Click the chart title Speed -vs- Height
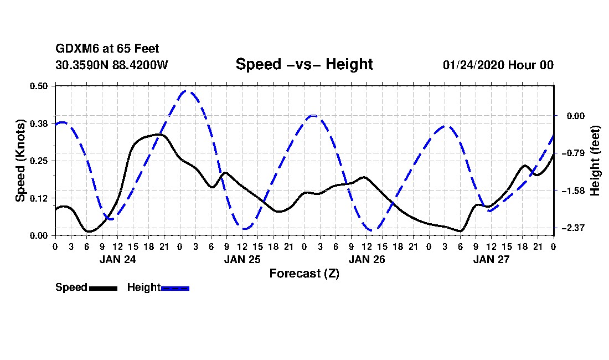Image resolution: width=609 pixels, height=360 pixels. pos(304,64)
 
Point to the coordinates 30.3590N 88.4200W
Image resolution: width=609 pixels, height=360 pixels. pos(111,65)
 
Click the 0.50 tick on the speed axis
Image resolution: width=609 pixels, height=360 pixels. pos(40,86)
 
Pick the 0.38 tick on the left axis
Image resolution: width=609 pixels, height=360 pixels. pos(40,123)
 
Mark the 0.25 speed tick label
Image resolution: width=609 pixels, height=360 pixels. pos(40,161)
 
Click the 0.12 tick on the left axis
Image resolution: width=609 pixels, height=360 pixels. pos(40,198)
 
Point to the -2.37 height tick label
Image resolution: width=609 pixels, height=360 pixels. pos(572,228)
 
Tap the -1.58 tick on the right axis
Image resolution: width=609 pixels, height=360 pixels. pos(572,191)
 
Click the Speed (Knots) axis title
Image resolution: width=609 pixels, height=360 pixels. pos(20,160)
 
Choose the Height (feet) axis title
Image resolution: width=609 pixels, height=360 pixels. pos(595,160)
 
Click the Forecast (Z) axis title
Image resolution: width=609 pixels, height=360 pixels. pos(304,273)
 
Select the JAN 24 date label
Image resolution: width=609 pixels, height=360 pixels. pos(117,259)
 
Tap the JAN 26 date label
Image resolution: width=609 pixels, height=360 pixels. pos(367,259)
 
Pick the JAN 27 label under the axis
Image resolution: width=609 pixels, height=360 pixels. pos(491,259)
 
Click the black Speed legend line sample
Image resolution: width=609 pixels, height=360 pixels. pos(103,288)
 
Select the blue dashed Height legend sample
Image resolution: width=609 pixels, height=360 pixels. pos(175,288)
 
